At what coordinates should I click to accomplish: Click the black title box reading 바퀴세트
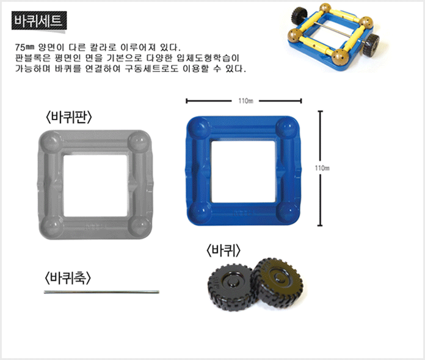pos(39,21)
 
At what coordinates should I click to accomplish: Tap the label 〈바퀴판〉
pos(69,118)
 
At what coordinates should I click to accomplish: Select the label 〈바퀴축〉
pos(68,278)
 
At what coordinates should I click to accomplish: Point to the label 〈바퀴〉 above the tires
pos(223,251)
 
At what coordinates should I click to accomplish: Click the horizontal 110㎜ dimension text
pos(246,101)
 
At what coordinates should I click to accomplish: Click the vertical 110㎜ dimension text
pos(322,168)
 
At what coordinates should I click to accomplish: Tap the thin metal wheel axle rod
pos(101,292)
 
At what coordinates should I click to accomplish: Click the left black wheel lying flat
pos(231,287)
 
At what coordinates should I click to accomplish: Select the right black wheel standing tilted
pos(277,283)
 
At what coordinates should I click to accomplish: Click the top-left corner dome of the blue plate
pos(200,128)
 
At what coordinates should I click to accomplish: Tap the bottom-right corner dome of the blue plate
pos(289,213)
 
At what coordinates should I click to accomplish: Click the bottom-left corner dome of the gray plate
pos(51,227)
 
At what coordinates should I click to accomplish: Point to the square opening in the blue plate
pos(243,171)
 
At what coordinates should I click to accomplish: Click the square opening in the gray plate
pos(95,185)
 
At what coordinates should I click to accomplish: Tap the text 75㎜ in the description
pos(24,48)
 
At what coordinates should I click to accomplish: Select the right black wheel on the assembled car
pos(371,45)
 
